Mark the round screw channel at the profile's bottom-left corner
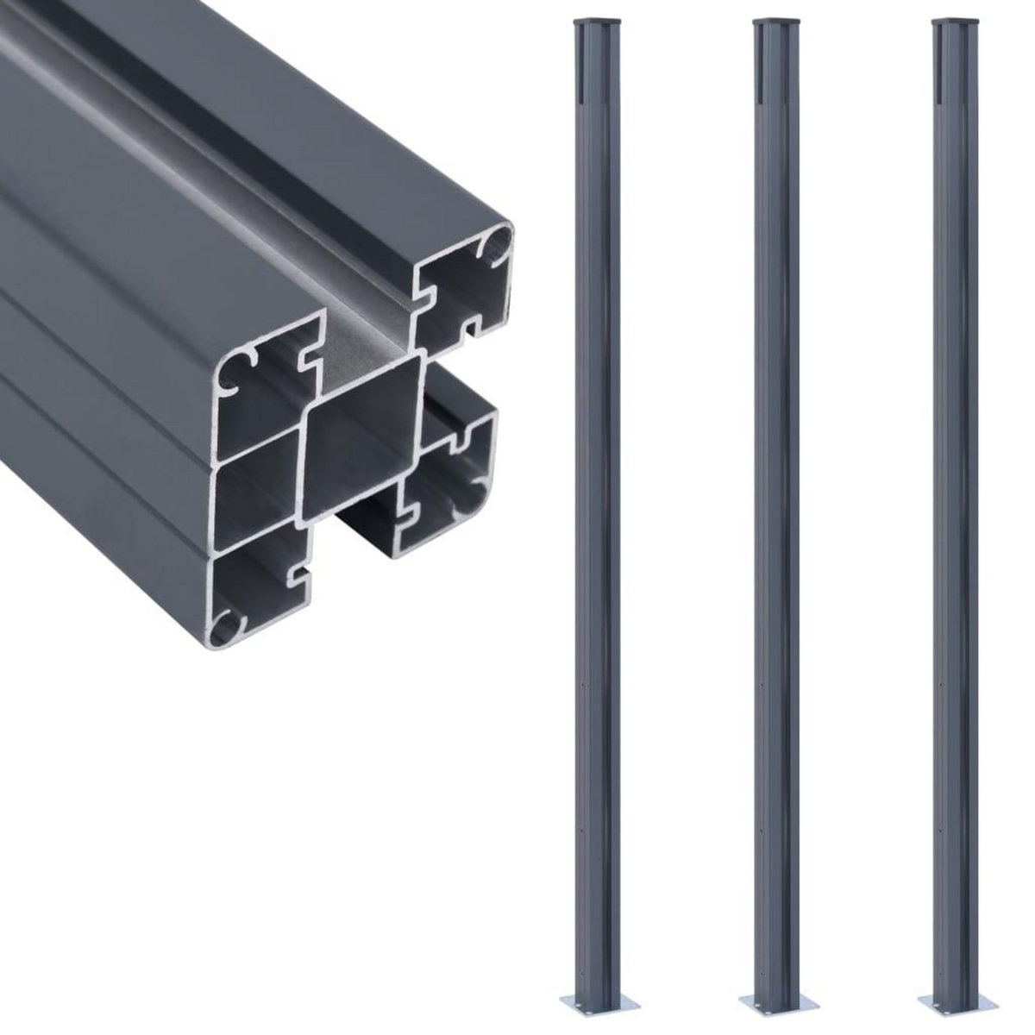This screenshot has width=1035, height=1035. point(228,623)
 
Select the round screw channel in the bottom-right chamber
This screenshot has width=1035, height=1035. point(474,501)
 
